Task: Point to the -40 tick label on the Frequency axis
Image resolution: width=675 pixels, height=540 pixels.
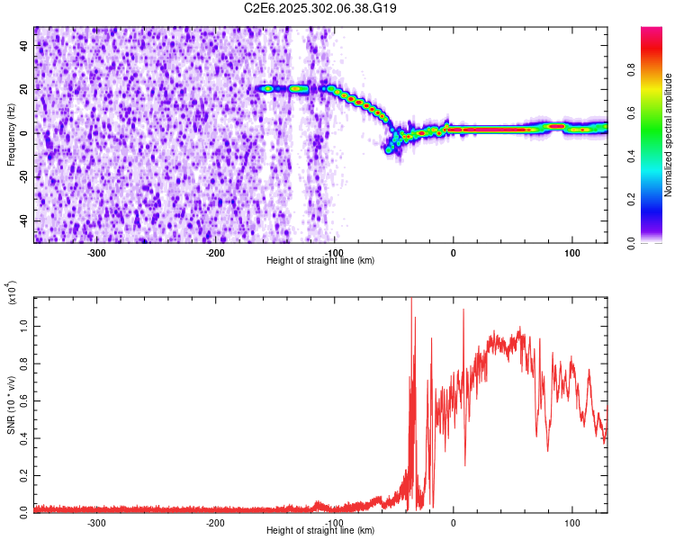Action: pos(23,221)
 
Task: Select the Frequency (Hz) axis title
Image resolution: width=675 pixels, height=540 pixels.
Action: pos(11,135)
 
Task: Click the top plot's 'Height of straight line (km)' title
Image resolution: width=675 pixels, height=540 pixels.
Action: pos(320,261)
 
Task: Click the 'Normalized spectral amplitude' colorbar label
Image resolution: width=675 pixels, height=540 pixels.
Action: pos(669,135)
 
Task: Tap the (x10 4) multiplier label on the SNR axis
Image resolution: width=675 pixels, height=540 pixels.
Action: pos(13,293)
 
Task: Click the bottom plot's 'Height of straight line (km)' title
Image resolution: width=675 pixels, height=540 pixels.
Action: pos(320,531)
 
